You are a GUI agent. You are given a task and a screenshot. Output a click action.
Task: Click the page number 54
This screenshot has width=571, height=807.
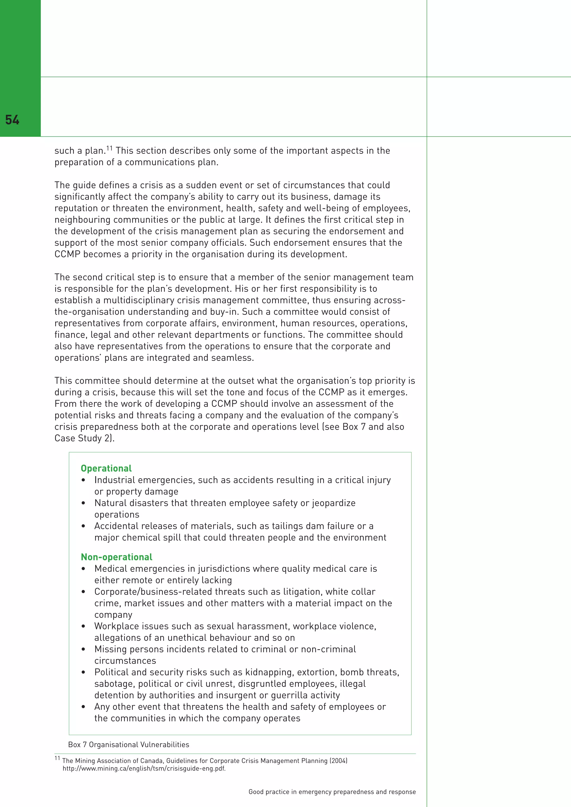(x=12, y=120)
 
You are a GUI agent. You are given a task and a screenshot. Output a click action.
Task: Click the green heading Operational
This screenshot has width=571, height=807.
(x=106, y=468)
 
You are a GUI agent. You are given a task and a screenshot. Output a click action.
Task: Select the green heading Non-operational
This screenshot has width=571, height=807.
(x=116, y=557)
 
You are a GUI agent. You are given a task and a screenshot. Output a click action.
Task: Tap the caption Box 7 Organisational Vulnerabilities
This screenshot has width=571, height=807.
(x=129, y=744)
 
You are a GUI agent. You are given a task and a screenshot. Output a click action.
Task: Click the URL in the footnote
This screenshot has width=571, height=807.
(x=144, y=768)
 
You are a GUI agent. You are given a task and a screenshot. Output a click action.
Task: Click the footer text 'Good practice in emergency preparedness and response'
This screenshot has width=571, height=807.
(x=332, y=792)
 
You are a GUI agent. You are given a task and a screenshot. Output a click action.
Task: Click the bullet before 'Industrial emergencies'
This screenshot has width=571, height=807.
(x=83, y=480)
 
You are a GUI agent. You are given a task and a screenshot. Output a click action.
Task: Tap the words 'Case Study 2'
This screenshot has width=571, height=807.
(x=83, y=438)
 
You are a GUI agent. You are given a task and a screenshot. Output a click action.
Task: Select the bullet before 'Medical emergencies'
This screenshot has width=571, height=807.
(x=83, y=569)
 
